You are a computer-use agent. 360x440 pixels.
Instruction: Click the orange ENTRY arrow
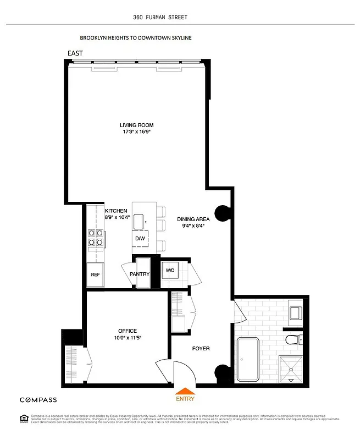pos(185,392)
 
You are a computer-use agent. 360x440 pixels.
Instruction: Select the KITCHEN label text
pos(116,211)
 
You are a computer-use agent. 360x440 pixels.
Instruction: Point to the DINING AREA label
pos(193,219)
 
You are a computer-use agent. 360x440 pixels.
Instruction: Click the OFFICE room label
pos(128,331)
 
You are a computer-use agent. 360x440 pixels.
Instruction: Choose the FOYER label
pos(200,349)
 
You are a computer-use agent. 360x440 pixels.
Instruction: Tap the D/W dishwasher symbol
pos(140,239)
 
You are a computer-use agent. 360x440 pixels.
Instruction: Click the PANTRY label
pos(140,274)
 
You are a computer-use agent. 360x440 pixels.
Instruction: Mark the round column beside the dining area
pos(223,213)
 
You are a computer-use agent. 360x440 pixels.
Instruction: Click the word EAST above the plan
pos(75,53)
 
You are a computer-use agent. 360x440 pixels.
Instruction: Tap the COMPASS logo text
pos(38,400)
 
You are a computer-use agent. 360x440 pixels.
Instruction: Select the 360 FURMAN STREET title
pos(160,17)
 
